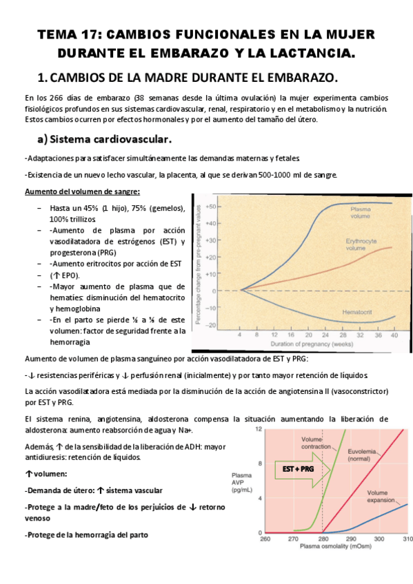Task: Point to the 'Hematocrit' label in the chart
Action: [x=358, y=313]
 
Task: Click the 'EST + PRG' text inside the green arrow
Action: [x=299, y=468]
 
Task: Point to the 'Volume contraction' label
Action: [x=316, y=442]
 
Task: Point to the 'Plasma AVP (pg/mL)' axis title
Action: [x=241, y=481]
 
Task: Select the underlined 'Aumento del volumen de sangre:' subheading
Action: [x=82, y=191]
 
